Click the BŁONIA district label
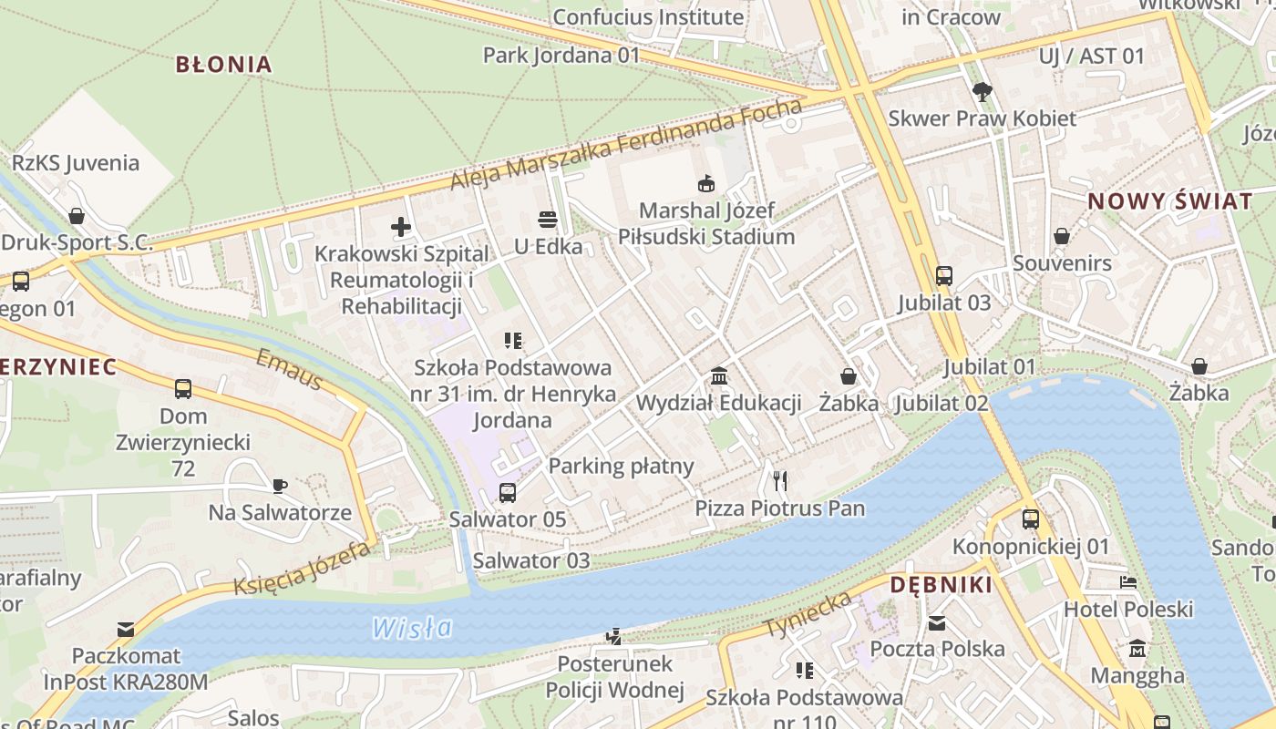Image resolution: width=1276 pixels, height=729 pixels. (x=223, y=64)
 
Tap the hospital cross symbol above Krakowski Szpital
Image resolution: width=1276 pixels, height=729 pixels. (x=401, y=227)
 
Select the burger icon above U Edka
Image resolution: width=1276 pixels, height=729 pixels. (x=548, y=220)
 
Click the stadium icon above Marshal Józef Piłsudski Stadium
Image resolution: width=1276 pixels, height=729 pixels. (x=706, y=183)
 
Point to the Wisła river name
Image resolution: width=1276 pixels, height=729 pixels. (x=412, y=628)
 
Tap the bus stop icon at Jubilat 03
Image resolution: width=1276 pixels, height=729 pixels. (x=943, y=275)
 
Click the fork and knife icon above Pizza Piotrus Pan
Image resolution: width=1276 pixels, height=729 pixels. (x=779, y=480)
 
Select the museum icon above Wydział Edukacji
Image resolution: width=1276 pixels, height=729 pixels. (x=718, y=375)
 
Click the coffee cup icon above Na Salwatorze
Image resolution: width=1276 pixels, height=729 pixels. (x=280, y=485)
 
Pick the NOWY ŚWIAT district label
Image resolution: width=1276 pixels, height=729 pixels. (x=1170, y=201)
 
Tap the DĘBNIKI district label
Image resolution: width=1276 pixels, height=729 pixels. (x=941, y=585)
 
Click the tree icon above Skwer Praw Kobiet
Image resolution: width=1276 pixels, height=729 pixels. (x=982, y=91)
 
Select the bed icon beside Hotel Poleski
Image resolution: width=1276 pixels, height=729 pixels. (x=1128, y=582)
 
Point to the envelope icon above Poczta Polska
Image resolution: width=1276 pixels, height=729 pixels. (x=937, y=623)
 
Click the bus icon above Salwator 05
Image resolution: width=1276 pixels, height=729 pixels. (x=508, y=493)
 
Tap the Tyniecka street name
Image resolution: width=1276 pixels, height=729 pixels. (x=809, y=614)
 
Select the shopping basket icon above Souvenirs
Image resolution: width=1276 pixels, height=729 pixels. (x=1062, y=237)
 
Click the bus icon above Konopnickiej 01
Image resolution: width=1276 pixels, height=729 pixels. (x=1031, y=519)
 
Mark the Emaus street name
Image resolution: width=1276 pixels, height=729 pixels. (x=289, y=369)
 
